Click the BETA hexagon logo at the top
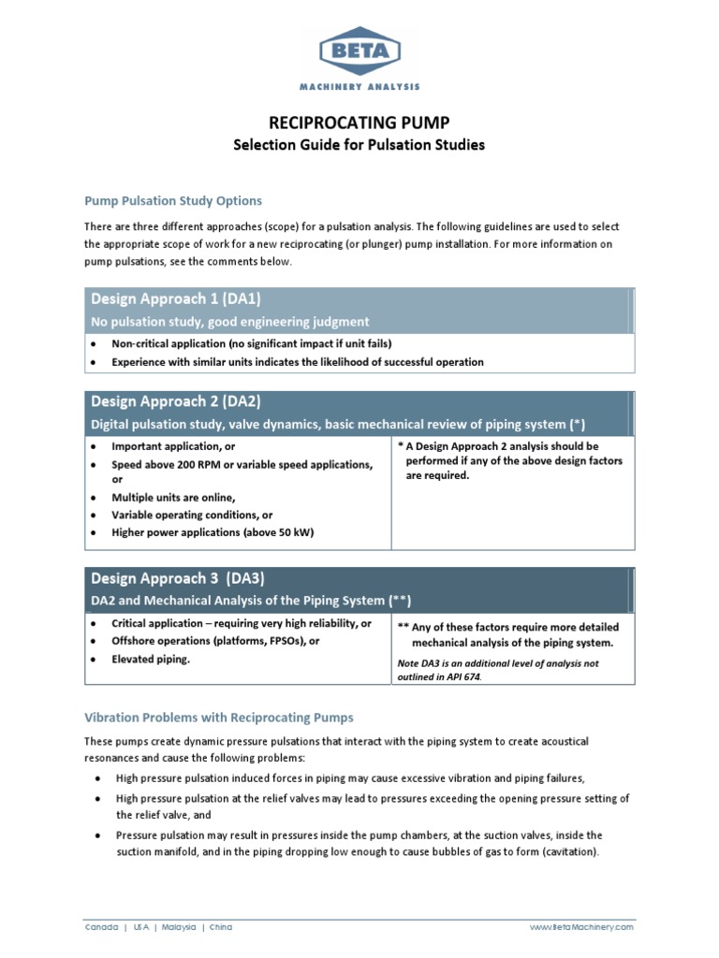(x=359, y=51)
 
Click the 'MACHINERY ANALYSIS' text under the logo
(x=359, y=86)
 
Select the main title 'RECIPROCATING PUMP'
(x=359, y=123)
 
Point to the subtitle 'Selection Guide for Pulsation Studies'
(x=359, y=145)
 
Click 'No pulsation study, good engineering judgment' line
(x=229, y=321)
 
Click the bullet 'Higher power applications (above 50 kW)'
(x=213, y=532)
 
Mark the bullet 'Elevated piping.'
(x=151, y=659)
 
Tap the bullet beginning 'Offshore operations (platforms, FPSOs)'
(x=215, y=641)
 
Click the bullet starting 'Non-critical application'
(x=251, y=343)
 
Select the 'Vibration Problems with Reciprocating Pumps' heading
(x=219, y=718)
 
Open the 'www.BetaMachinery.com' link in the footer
(x=581, y=927)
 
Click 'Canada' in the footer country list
(x=101, y=927)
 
